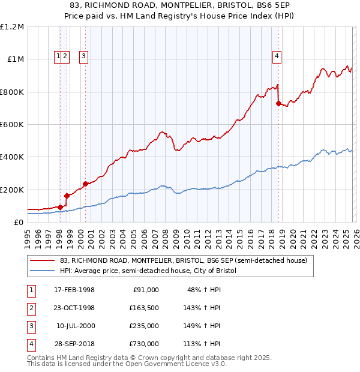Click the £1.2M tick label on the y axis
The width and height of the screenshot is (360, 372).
click(x=11, y=27)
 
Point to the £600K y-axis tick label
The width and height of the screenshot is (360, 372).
click(x=11, y=125)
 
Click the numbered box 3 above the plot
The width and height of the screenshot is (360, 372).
click(x=83, y=57)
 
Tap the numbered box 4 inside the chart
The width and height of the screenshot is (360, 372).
click(x=277, y=57)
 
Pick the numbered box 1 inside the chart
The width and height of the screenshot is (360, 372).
click(x=58, y=57)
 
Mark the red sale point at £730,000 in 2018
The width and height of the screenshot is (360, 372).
click(x=278, y=103)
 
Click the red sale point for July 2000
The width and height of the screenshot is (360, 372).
click(x=85, y=184)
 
